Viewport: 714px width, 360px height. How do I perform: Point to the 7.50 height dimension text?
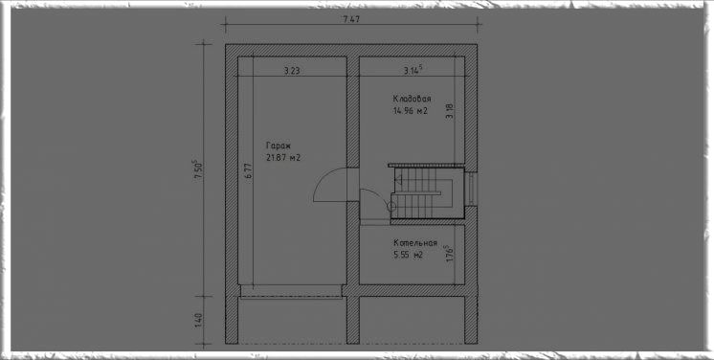(197, 170)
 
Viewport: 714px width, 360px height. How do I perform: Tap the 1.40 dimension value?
(197, 322)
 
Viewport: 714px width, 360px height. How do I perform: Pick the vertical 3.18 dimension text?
(450, 112)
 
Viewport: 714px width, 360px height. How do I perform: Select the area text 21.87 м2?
(282, 158)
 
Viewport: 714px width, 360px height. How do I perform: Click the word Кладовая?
(413, 99)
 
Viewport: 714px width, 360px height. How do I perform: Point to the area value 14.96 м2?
(411, 111)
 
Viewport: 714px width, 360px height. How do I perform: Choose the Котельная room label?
(415, 243)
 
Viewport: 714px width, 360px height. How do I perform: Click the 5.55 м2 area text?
(409, 256)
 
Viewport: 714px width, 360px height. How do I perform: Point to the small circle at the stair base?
(391, 207)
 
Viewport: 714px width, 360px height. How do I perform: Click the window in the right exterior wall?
(473, 189)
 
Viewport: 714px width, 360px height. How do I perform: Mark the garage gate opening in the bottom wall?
(291, 291)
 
